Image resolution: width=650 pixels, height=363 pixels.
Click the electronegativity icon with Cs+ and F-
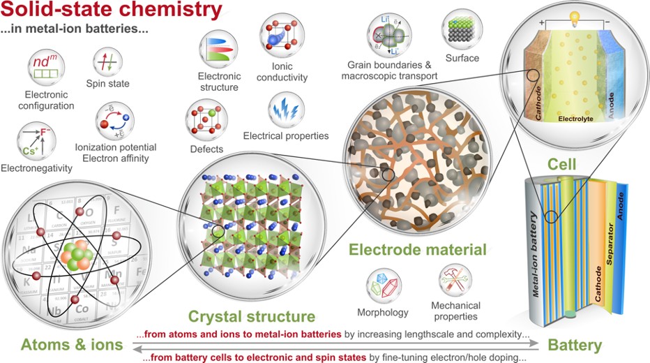(x=34, y=138)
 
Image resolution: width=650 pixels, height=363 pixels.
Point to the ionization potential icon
(x=115, y=121)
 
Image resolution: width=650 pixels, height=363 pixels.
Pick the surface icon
(x=462, y=27)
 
